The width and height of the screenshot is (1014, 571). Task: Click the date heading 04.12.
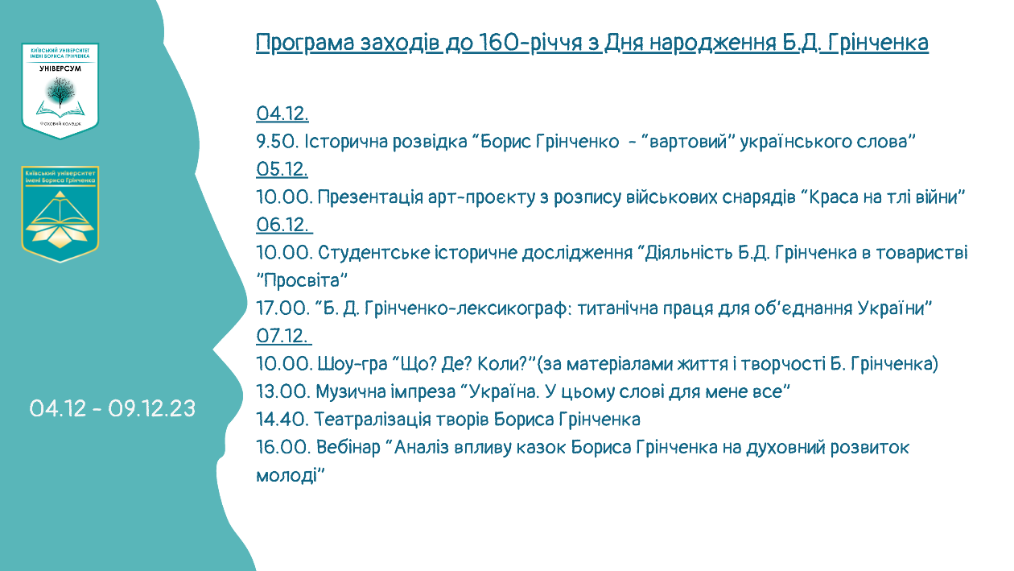(282, 114)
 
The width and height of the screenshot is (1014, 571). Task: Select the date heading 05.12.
(282, 169)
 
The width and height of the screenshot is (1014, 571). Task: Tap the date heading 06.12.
(282, 225)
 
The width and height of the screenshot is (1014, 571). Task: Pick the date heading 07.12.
(282, 336)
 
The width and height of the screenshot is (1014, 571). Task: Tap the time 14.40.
(282, 419)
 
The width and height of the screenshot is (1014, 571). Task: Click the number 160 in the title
(498, 43)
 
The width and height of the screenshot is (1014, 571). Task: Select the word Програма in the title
(305, 43)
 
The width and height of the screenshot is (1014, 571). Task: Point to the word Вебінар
(348, 447)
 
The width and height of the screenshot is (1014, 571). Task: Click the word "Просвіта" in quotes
(302, 280)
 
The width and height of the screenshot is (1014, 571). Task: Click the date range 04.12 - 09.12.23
(113, 409)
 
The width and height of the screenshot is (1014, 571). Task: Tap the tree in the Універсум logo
(60, 92)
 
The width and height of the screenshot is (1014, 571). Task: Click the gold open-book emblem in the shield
(60, 219)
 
